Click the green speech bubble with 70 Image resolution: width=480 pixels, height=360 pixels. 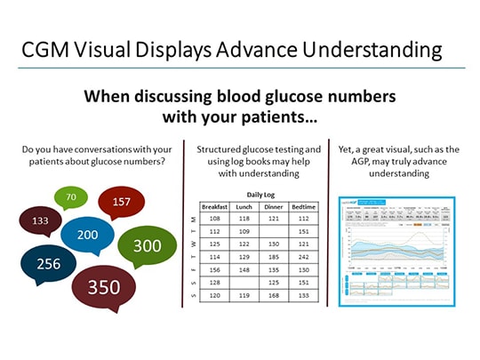tap(71, 196)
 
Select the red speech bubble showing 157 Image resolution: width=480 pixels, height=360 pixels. tap(122, 202)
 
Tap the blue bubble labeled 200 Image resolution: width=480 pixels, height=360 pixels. tap(88, 235)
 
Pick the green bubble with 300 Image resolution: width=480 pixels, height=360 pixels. tap(148, 245)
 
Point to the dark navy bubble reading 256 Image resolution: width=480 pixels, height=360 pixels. tap(43, 263)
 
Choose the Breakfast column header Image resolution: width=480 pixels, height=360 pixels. tap(215, 206)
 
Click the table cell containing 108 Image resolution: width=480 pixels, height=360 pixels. tap(215, 218)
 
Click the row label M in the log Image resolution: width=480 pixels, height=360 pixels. tap(195, 218)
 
